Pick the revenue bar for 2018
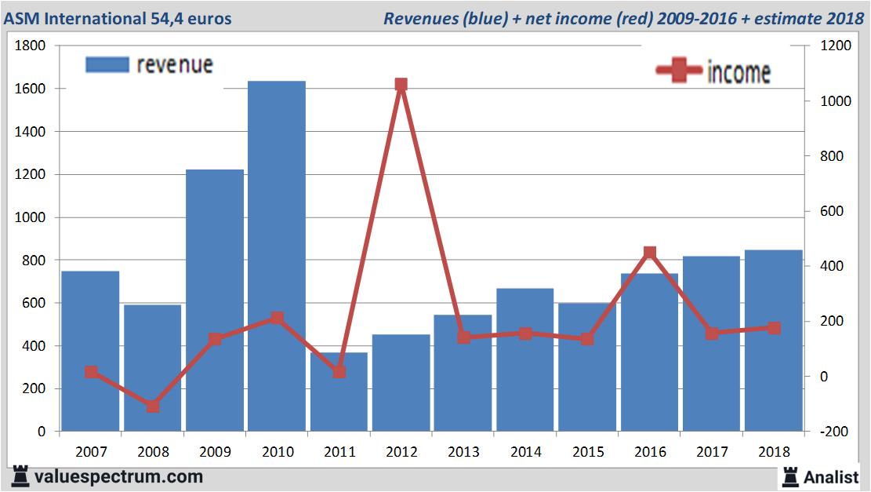773,341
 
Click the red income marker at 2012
401,85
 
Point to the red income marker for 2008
153,406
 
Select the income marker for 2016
650,253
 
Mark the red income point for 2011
339,372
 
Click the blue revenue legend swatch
106,65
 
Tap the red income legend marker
678,71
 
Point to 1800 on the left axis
31,46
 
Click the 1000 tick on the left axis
31,217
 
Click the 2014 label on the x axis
525,452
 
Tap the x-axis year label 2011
339,452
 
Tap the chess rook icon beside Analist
789,476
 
